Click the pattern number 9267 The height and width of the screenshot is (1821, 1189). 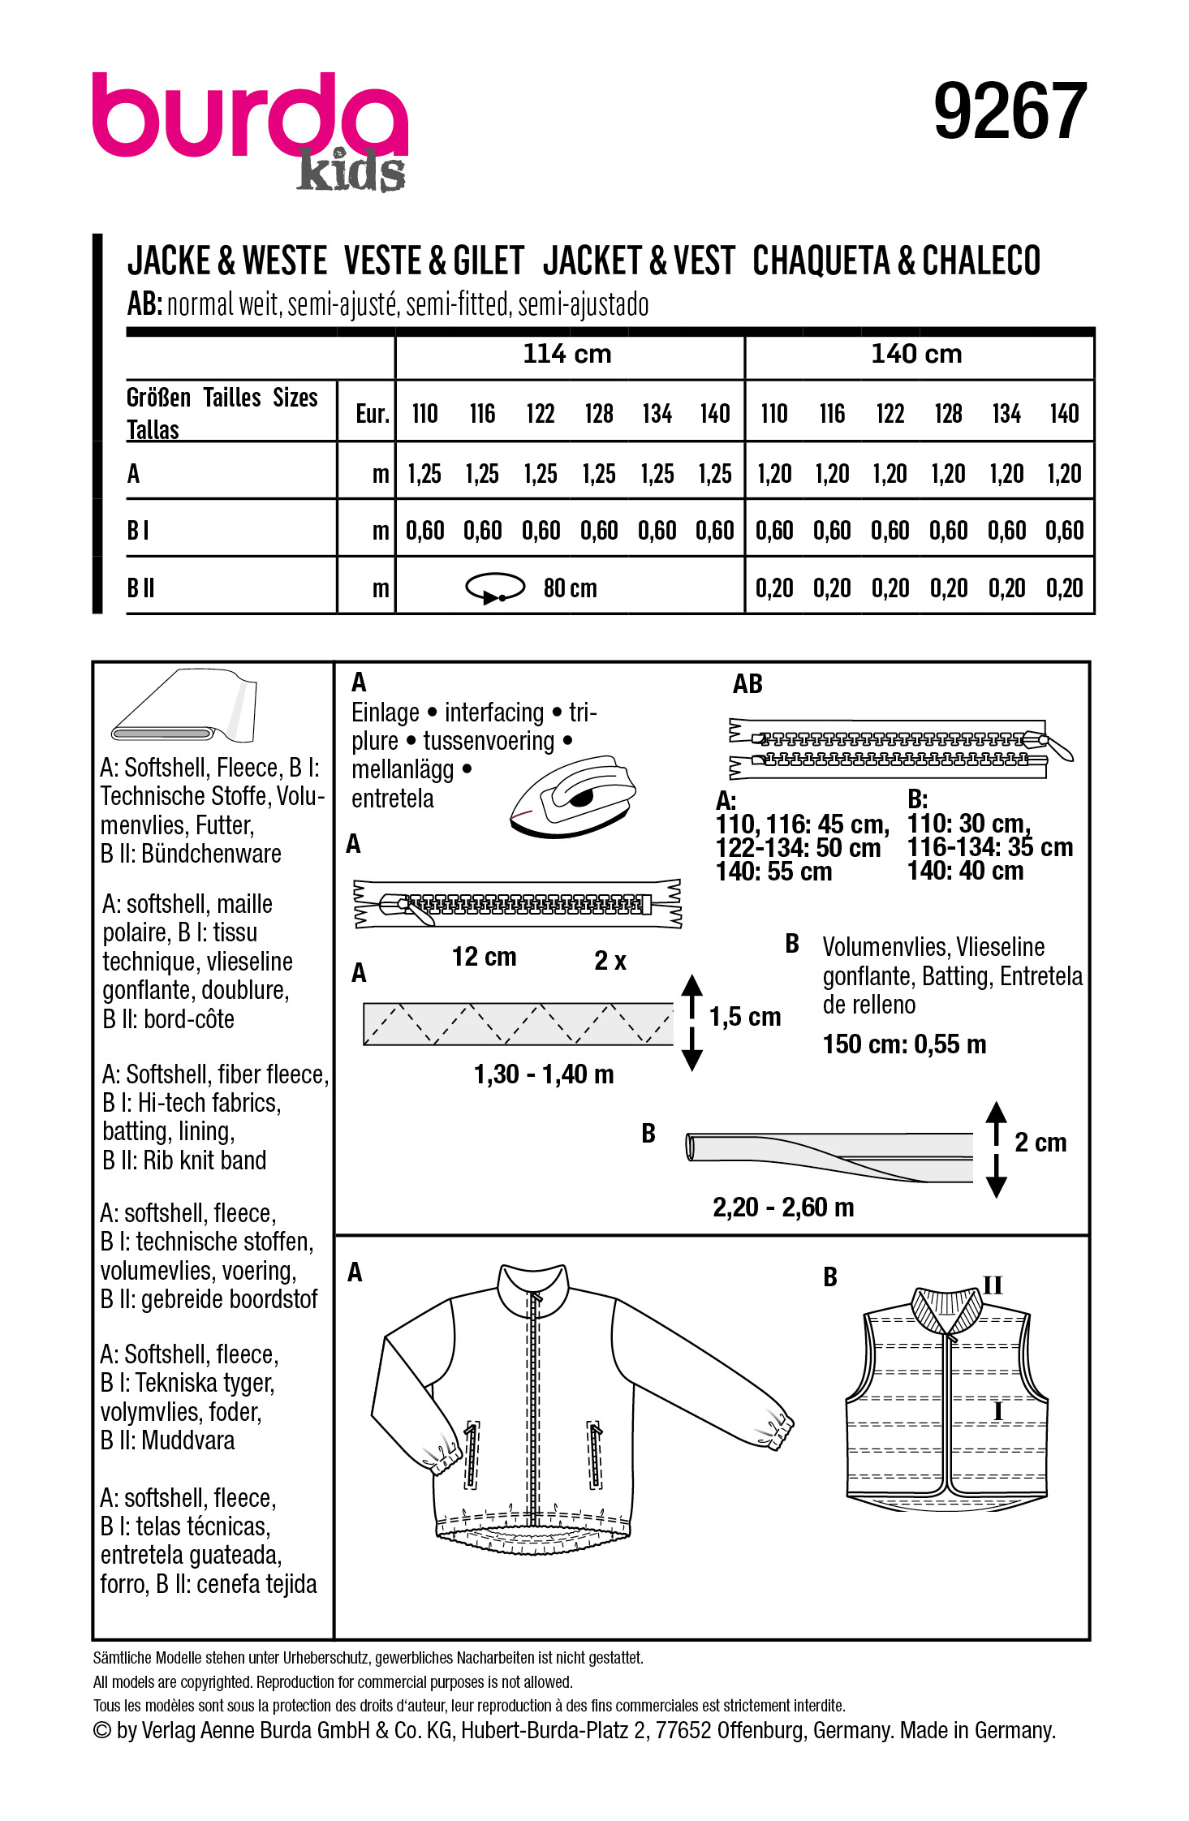click(1010, 111)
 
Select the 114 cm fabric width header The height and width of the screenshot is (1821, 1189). click(566, 354)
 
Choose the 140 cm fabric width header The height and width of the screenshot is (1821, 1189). click(916, 354)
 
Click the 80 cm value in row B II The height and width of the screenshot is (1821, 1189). click(570, 588)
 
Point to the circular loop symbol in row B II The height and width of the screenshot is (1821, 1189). click(495, 588)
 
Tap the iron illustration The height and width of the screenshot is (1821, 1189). click(572, 795)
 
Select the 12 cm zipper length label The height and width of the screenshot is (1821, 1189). click(484, 957)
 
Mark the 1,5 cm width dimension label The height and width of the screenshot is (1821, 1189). click(744, 1016)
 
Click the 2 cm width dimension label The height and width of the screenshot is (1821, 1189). click(1040, 1143)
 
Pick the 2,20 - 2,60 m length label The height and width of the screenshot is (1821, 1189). click(783, 1208)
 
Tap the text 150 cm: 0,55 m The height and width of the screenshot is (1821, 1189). click(904, 1044)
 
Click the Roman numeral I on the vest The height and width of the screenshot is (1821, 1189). click(998, 1412)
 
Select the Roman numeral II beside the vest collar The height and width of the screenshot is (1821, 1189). click(993, 1285)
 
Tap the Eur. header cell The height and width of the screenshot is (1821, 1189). click(373, 414)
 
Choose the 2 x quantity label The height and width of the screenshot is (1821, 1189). click(610, 961)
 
